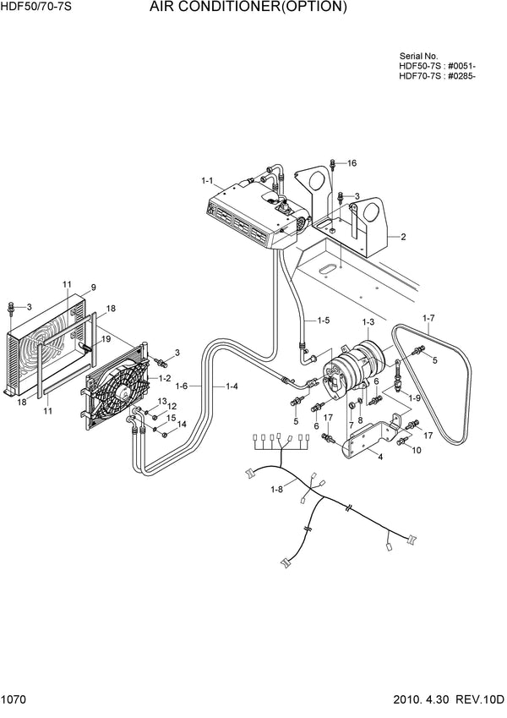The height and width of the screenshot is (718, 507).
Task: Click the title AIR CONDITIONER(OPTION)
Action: pos(248,8)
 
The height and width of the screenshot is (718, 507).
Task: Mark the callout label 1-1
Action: pos(208,180)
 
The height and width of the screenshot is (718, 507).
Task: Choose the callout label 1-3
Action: pos(368,322)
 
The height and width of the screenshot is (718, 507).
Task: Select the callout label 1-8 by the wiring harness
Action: pos(276,489)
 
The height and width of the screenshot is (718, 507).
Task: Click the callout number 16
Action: pos(352,162)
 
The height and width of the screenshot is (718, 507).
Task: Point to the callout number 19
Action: pos(106,339)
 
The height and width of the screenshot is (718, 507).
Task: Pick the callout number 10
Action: pos(417,450)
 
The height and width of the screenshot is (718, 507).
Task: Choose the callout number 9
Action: pos(93,287)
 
